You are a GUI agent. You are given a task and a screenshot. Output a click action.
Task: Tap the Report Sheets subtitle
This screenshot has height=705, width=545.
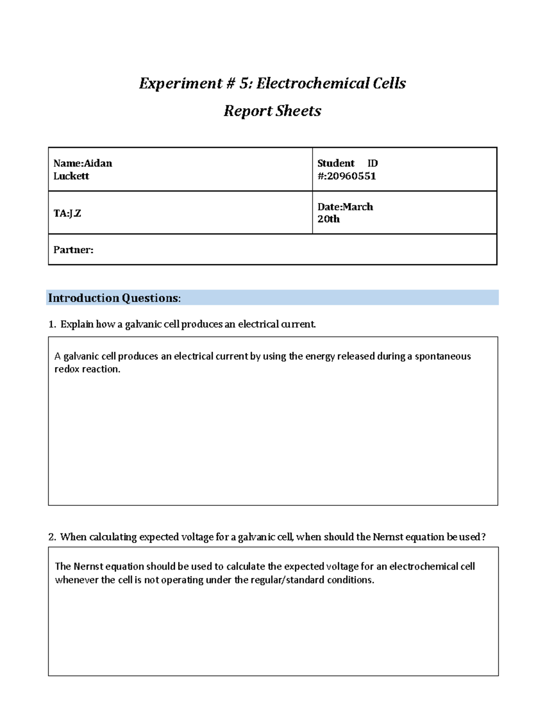272,111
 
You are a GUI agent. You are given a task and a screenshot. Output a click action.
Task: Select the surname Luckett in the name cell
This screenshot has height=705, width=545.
71,176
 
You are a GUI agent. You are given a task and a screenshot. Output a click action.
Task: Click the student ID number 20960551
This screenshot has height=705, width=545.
351,176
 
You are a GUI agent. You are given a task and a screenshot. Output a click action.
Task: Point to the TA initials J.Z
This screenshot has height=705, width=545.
75,213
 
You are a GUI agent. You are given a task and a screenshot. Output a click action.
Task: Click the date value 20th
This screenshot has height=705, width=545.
328,219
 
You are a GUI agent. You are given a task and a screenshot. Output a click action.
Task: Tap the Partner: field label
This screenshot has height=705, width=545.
73,250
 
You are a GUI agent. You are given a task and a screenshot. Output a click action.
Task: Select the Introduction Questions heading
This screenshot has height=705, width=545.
114,298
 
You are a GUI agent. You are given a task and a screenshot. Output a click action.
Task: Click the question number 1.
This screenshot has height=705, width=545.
51,324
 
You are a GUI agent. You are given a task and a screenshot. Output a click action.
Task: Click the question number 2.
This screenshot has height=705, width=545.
52,537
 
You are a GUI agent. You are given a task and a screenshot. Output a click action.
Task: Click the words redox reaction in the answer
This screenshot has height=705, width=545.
87,370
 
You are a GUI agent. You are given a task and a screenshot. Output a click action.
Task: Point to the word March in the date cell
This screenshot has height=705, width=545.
358,207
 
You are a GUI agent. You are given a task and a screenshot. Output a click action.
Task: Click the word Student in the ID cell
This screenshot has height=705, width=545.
336,163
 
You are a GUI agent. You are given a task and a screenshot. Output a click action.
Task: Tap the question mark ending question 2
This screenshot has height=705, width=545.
483,537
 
